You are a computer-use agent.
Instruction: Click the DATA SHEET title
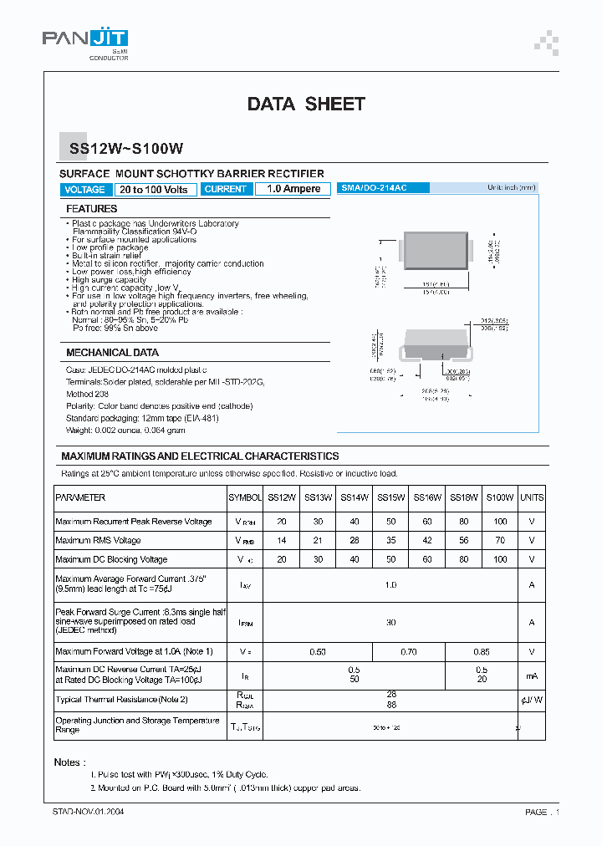click(x=306, y=104)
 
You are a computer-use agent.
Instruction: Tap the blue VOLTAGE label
click(x=84, y=190)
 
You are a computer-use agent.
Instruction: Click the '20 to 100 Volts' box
click(x=154, y=190)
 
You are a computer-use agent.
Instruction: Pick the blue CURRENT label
click(x=226, y=190)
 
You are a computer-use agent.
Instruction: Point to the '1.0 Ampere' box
click(x=293, y=190)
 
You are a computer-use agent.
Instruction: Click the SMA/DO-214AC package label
click(x=374, y=188)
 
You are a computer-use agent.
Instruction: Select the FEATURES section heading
click(x=92, y=209)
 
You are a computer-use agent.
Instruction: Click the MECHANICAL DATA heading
click(x=112, y=353)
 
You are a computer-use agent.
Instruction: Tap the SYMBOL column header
click(x=245, y=497)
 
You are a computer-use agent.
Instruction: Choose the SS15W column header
click(x=390, y=497)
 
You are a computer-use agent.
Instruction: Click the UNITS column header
click(x=532, y=497)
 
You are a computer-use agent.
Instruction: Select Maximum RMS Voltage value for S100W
click(x=500, y=541)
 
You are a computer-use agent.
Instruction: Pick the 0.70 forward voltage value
click(x=408, y=651)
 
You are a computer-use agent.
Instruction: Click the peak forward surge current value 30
click(x=390, y=622)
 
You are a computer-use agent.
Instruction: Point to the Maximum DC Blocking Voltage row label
click(x=111, y=559)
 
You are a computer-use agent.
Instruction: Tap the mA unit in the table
click(x=532, y=675)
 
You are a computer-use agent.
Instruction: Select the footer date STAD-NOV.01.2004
click(x=89, y=812)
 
